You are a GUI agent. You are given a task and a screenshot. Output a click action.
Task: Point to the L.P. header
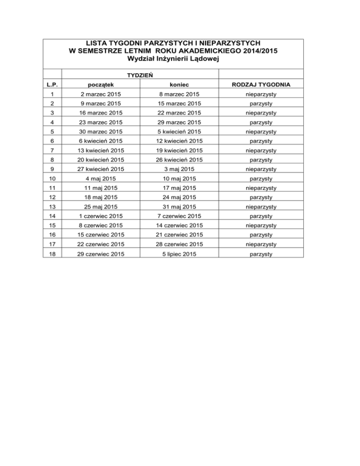[52, 85]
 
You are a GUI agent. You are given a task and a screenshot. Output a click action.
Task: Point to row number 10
[52, 179]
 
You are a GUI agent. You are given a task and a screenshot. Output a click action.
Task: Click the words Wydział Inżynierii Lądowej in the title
[173, 59]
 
